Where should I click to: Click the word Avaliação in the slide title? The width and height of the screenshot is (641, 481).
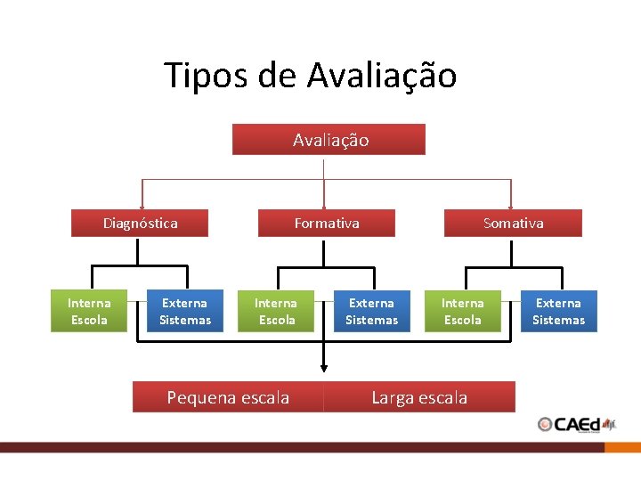382,76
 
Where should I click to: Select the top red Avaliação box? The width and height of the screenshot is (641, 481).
329,140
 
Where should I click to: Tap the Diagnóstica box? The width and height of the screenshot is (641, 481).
140,223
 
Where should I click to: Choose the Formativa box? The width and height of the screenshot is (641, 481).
327,223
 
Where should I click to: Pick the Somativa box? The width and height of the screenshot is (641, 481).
513,223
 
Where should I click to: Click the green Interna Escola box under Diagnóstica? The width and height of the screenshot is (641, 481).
89,312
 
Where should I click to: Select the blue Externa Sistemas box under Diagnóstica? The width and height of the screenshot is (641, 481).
185,312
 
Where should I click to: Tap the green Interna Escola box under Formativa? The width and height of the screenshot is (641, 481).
276,312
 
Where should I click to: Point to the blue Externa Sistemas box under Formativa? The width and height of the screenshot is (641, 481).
371,312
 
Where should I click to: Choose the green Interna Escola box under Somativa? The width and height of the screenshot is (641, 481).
463,312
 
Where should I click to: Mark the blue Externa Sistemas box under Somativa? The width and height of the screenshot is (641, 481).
558,312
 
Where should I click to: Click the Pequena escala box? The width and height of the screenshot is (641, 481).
228,397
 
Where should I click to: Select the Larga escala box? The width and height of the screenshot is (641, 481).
419,397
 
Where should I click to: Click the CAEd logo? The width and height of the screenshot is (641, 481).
577,424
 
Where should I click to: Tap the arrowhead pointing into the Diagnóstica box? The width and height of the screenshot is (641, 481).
141,206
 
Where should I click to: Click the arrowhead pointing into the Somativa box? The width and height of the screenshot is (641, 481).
511,206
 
